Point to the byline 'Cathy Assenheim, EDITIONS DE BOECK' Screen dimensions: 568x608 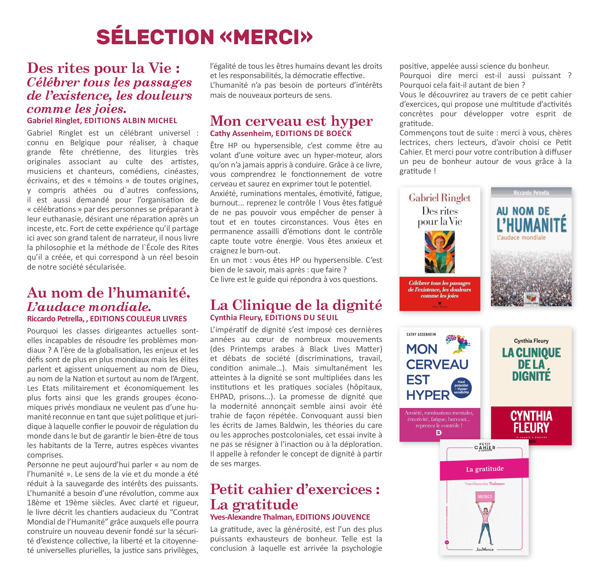[x=281, y=134]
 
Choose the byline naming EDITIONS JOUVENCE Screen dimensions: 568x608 [x=290, y=517]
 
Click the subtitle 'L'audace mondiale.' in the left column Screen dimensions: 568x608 [x=89, y=307]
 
